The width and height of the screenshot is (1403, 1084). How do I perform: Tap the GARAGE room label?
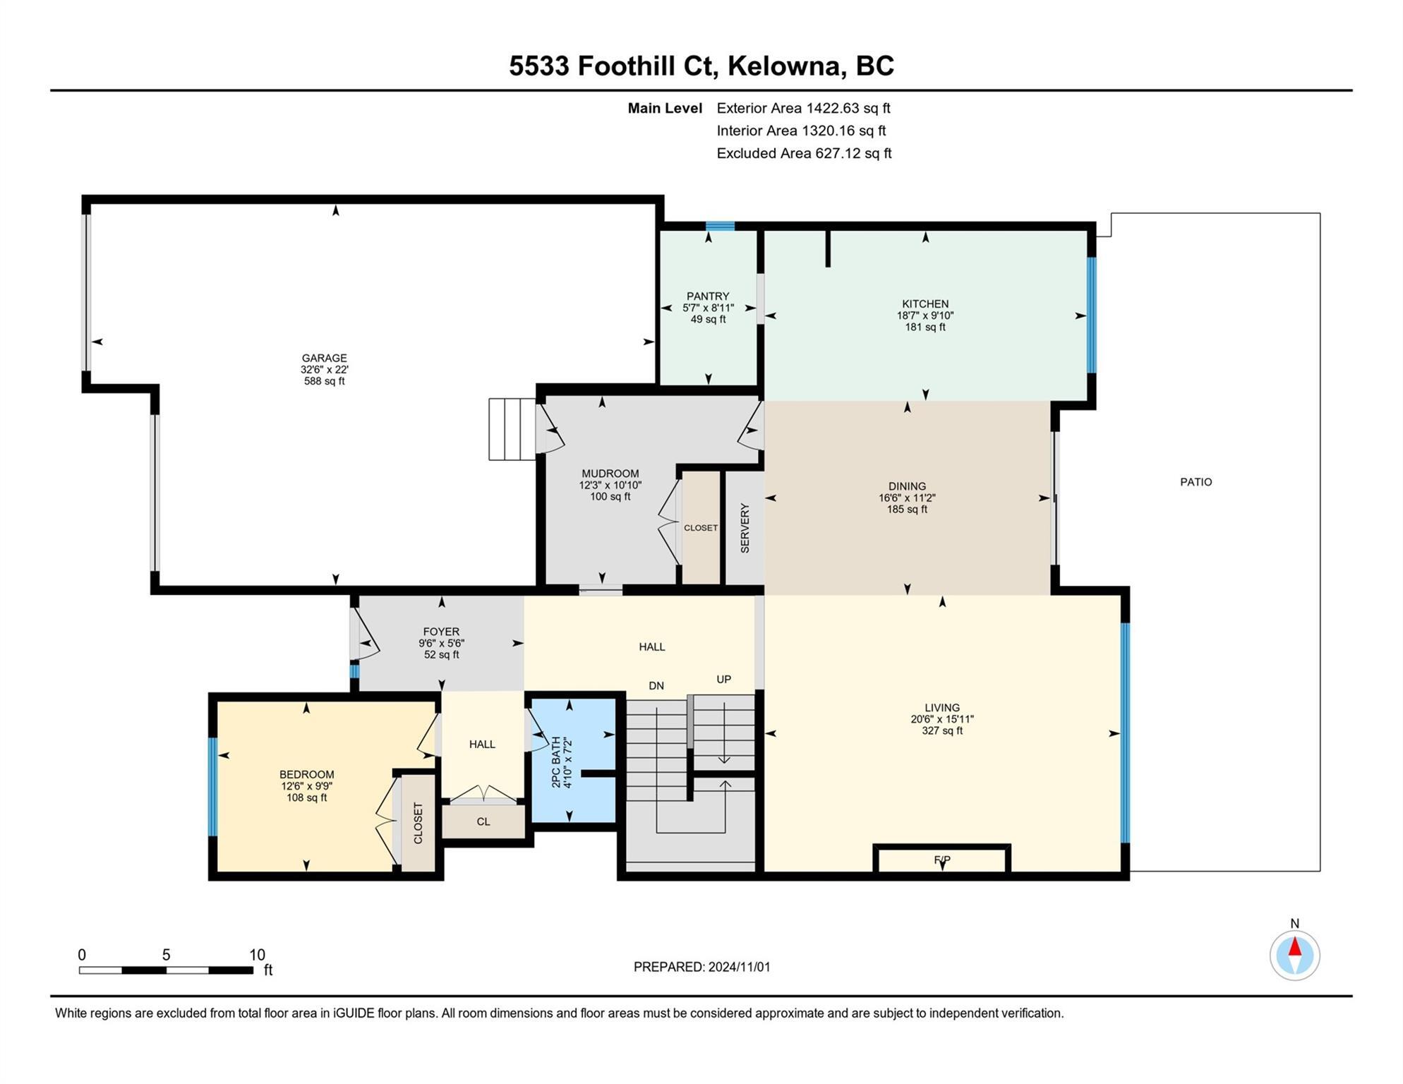pos(324,358)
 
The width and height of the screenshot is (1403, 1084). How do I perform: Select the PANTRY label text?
pos(708,296)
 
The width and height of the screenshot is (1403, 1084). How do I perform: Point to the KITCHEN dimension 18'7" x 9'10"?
pos(925,315)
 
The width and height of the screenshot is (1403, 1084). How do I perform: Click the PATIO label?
pos(1196,482)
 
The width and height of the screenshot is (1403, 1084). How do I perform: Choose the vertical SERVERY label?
pos(745,528)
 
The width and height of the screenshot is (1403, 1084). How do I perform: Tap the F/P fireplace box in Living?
pos(941,859)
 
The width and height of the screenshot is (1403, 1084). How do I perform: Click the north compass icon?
pos(1294,954)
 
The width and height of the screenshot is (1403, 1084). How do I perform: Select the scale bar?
pos(166,970)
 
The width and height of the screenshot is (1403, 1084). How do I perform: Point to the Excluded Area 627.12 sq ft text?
pos(804,153)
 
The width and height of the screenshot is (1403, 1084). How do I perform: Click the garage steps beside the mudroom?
pos(512,429)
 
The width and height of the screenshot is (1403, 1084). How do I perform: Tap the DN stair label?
pos(656,685)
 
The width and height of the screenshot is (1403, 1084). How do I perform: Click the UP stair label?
pos(723,679)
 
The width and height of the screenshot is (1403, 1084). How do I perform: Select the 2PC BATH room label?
pos(555,762)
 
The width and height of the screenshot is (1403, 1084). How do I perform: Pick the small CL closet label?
pos(483,821)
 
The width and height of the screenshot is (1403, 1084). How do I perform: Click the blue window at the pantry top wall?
pos(720,226)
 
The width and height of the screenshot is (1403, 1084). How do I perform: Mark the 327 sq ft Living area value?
pos(941,730)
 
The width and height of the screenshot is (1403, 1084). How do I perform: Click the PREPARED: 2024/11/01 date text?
pos(701,967)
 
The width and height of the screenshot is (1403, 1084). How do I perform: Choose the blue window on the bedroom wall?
pos(212,786)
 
